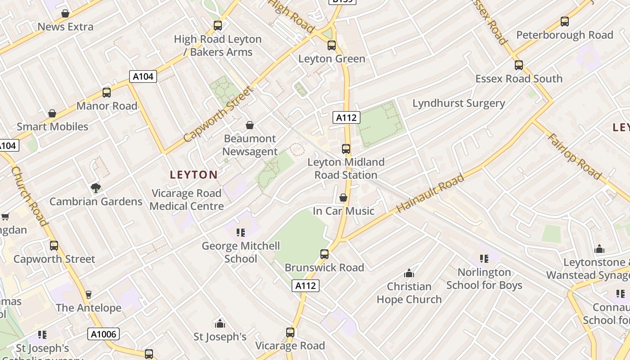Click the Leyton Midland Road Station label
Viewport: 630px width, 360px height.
(x=346, y=168)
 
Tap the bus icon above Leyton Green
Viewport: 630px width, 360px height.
(x=332, y=45)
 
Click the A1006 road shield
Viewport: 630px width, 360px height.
(x=104, y=334)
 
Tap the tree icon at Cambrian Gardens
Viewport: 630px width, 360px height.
(x=95, y=188)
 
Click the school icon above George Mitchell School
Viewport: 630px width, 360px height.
(x=241, y=232)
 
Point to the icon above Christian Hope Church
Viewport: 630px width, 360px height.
(x=409, y=273)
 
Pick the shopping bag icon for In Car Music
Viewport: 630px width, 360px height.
(x=343, y=198)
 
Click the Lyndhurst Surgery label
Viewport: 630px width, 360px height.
(x=459, y=103)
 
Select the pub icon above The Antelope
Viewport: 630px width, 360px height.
(x=88, y=295)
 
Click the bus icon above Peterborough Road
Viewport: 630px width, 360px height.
(x=564, y=21)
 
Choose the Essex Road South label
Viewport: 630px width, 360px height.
(x=519, y=79)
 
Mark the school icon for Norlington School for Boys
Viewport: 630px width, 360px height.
(x=484, y=259)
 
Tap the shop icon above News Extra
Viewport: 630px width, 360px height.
(x=65, y=13)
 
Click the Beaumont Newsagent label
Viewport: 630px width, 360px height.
(x=250, y=145)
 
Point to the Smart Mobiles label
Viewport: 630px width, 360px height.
(x=53, y=126)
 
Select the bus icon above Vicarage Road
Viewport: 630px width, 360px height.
(x=290, y=333)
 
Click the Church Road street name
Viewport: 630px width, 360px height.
(x=29, y=196)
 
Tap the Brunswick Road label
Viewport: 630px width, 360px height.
(x=324, y=267)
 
